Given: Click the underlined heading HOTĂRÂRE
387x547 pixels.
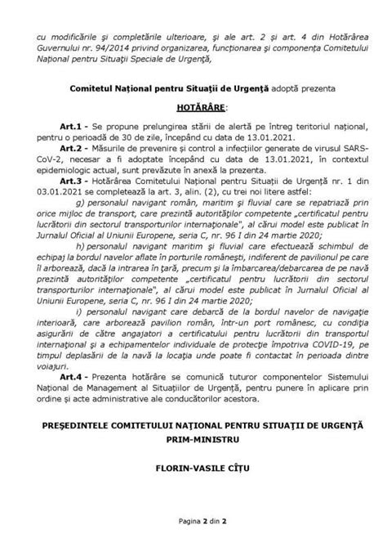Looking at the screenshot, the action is pos(193,105).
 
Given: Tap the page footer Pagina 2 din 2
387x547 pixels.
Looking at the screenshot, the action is pos(193,519).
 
